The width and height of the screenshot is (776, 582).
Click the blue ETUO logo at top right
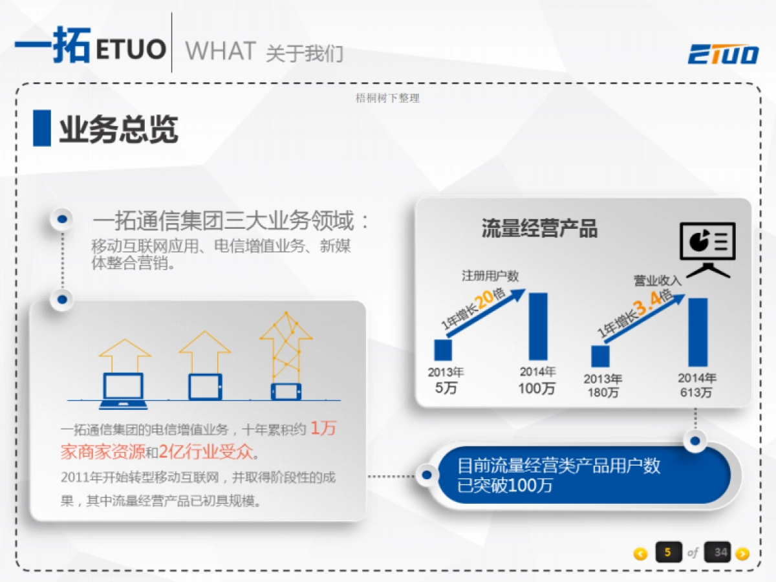click(x=723, y=54)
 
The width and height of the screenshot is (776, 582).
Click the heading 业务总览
click(x=118, y=129)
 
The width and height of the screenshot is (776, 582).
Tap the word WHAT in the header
click(x=220, y=50)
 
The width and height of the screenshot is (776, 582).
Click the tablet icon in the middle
click(x=205, y=387)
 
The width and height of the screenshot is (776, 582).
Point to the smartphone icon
click(x=286, y=391)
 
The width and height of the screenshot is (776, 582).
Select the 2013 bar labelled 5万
click(x=443, y=350)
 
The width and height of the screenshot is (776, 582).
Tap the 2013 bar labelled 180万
click(x=601, y=356)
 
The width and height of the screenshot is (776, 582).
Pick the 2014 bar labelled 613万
click(x=698, y=332)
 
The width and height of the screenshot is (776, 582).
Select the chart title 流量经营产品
click(x=539, y=228)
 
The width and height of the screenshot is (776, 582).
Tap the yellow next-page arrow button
click(x=742, y=554)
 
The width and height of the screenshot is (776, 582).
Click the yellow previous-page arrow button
click(x=640, y=554)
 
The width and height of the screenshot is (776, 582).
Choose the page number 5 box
click(x=668, y=552)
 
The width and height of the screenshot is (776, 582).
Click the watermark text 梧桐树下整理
click(x=388, y=98)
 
